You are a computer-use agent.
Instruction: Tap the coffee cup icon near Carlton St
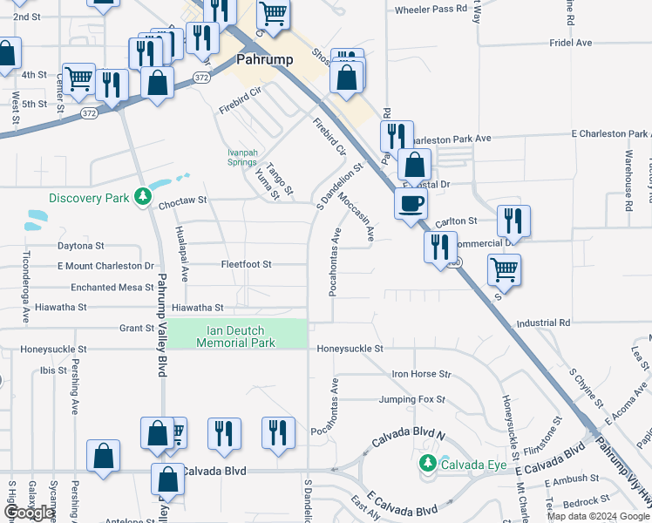point(411,204)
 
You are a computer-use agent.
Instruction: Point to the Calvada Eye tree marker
point(427,464)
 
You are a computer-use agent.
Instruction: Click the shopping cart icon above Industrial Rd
point(504,269)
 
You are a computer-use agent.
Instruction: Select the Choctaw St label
point(182,200)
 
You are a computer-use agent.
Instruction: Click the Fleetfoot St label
point(246,264)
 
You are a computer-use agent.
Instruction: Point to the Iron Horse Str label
point(421,374)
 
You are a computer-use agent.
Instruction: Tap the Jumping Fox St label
point(411,400)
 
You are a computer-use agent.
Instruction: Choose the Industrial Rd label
point(543,323)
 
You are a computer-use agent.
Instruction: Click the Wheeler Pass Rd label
point(425,10)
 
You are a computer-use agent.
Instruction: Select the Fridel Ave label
point(571,42)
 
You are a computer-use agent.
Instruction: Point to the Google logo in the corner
point(29,513)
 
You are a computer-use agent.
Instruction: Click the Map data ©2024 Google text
point(598,516)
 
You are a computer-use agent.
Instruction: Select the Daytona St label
point(80,247)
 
